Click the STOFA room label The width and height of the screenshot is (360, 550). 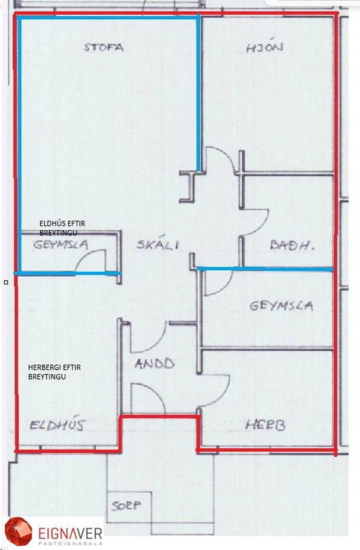click(104, 47)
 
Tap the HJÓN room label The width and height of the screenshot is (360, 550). click(264, 47)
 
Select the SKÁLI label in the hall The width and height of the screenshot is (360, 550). click(158, 245)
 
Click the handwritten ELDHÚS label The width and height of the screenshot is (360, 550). click(58, 425)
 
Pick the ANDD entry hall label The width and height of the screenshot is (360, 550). click(154, 364)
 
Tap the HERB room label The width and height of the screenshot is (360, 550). click(265, 425)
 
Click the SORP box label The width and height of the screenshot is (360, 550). click(126, 506)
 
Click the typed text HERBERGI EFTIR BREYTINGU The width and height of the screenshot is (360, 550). click(54, 372)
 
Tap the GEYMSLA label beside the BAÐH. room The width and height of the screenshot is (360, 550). click(281, 306)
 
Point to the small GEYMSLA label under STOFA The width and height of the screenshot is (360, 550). click(61, 245)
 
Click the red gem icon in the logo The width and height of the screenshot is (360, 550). click(18, 532)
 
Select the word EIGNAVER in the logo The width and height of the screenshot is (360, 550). click(70, 533)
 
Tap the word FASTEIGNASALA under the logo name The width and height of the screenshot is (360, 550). click(70, 543)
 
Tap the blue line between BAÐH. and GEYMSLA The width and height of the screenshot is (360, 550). click(266, 269)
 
